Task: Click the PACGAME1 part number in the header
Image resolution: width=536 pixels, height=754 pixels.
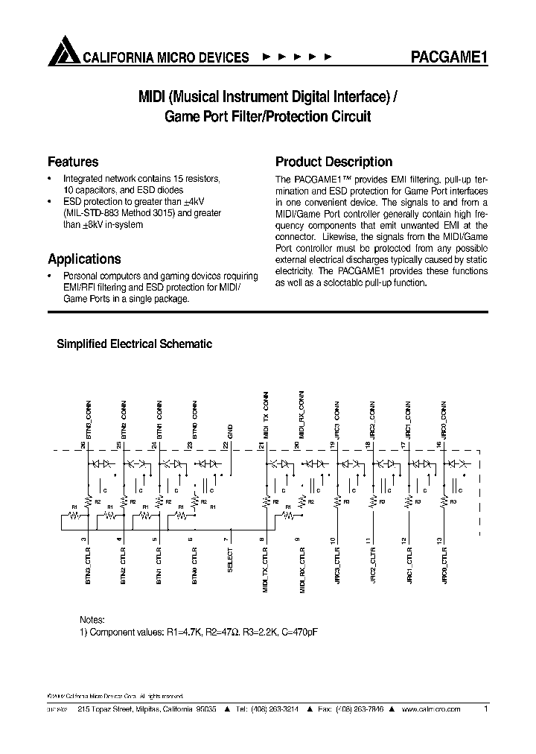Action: (449, 58)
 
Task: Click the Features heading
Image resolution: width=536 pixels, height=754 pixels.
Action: (73, 162)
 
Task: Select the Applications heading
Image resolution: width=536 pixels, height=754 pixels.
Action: (84, 259)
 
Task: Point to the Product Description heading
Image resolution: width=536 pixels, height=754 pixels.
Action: (334, 162)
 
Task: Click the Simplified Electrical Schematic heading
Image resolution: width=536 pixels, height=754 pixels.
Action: (135, 344)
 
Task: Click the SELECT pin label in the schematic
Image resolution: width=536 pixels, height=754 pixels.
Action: (230, 559)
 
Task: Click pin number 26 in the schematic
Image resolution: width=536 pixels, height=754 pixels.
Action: (83, 445)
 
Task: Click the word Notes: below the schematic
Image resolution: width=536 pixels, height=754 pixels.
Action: (92, 620)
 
